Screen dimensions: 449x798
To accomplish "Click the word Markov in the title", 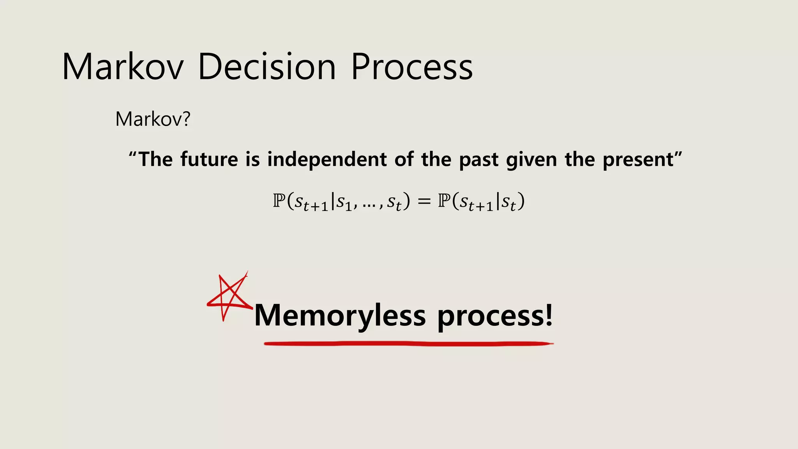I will (x=123, y=67).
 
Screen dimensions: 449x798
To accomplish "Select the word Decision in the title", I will (x=267, y=67).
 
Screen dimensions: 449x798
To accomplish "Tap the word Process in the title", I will (x=412, y=67).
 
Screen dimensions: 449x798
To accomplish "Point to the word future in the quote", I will (x=209, y=159).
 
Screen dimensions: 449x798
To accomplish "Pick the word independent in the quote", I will (x=327, y=159).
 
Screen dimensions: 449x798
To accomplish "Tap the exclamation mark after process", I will (x=549, y=314).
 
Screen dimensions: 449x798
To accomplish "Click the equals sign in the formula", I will (x=424, y=202).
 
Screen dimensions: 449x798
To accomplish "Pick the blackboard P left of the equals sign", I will (x=279, y=201).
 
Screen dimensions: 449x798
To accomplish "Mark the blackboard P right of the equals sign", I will (x=444, y=201).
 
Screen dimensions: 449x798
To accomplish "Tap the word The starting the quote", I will (x=155, y=159).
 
